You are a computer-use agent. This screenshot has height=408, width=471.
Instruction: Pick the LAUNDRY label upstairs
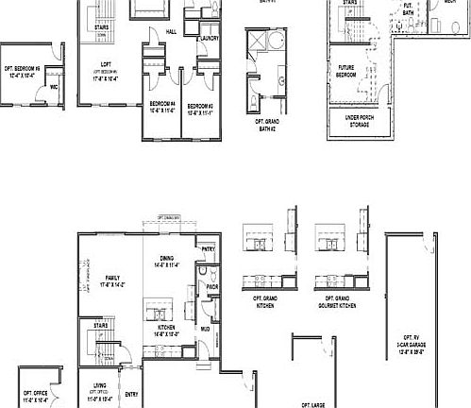209,38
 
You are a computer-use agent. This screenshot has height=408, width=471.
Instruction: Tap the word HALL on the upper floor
171,30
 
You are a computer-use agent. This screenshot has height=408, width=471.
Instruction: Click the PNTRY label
208,248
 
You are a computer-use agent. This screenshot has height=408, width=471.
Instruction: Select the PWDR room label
212,286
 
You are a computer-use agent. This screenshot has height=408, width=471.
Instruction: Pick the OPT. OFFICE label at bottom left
35,396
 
